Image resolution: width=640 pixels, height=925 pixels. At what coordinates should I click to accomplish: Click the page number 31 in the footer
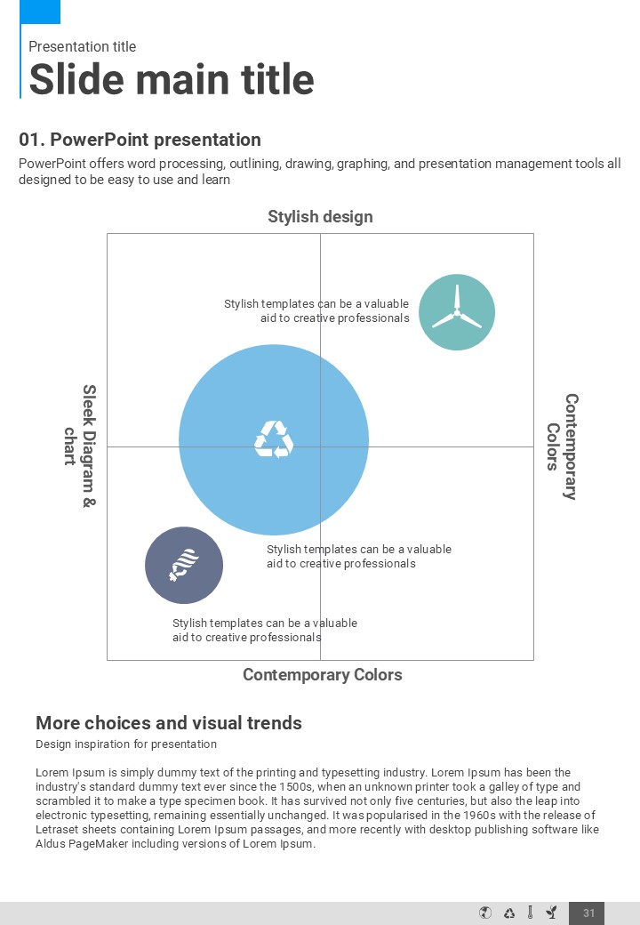588,913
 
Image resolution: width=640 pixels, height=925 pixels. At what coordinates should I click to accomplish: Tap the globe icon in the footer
485,913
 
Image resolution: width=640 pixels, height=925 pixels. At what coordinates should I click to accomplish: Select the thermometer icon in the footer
530,913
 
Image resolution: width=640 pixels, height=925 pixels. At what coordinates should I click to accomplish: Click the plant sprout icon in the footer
552,913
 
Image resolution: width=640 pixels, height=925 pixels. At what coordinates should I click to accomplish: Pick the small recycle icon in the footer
509,913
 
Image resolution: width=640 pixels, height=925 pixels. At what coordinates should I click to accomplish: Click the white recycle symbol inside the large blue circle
274,439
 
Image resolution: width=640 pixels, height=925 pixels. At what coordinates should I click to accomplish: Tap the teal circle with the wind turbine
457,312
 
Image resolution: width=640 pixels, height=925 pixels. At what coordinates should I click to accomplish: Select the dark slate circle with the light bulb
184,565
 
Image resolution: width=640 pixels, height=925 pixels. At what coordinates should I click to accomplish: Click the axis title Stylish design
320,217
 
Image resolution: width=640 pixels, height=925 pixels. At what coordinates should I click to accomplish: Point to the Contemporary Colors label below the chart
322,675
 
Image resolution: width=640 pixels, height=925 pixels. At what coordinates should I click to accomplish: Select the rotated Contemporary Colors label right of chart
562,446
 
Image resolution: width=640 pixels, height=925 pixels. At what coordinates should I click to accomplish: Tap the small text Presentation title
82,47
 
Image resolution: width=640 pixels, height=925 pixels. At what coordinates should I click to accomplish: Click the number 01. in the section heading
31,140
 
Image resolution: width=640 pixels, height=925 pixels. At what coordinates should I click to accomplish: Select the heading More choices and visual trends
169,723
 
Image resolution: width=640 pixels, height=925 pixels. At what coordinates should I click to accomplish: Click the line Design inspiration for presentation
126,744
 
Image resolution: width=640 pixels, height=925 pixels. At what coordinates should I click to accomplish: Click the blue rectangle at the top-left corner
40,12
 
